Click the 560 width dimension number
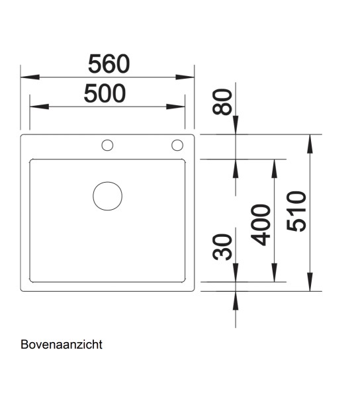pyautogui.click(x=108, y=64)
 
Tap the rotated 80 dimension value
pyautogui.click(x=226, y=102)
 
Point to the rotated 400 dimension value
pyautogui.click(x=263, y=225)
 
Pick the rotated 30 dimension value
pyautogui.click(x=226, y=247)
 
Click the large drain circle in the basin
pyautogui.click(x=107, y=197)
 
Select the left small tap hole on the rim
pyautogui.click(x=106, y=145)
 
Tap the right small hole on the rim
pyautogui.click(x=177, y=145)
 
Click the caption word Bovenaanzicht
pyautogui.click(x=61, y=345)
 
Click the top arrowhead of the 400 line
pyautogui.click(x=273, y=167)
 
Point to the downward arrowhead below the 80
pyautogui.click(x=236, y=126)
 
